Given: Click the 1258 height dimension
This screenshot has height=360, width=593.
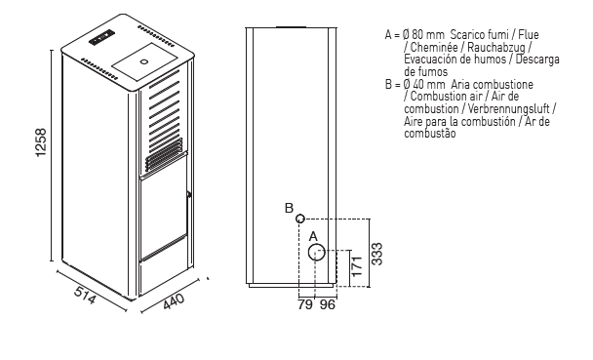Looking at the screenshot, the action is click(x=40, y=142).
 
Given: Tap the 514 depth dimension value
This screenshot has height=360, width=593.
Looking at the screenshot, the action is click(x=85, y=295).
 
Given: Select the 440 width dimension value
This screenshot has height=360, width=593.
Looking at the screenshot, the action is click(x=174, y=300).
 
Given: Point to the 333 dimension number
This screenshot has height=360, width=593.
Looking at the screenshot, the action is click(x=376, y=254).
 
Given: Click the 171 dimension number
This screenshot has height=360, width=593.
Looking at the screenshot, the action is click(x=357, y=266).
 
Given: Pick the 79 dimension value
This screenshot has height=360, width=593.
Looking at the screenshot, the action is click(x=305, y=304).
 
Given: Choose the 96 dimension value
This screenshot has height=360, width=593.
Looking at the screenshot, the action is click(x=328, y=304).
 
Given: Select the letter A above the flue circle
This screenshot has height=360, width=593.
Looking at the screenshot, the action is click(x=313, y=237).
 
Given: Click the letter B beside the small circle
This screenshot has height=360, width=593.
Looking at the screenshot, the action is click(x=289, y=208).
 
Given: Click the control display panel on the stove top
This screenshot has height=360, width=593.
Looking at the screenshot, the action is click(x=101, y=37).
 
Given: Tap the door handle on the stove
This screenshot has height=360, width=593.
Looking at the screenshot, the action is click(x=188, y=195).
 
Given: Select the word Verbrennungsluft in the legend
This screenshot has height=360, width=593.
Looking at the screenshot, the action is click(x=509, y=109).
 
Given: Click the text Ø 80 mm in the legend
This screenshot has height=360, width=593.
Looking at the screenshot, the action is click(x=423, y=35).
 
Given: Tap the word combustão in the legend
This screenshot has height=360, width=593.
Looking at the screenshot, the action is click(x=429, y=134).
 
